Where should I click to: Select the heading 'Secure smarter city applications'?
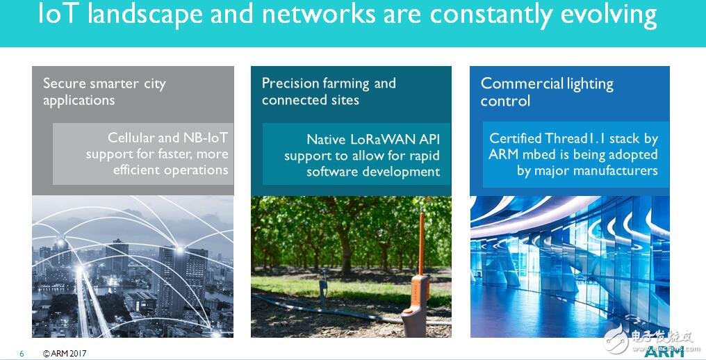click(x=104, y=92)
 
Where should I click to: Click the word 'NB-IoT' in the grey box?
click(x=205, y=138)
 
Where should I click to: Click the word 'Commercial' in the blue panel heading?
click(x=522, y=83)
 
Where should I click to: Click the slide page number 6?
click(x=22, y=354)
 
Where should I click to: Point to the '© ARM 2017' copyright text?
click(x=65, y=354)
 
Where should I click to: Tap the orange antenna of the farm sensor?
click(x=421, y=244)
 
